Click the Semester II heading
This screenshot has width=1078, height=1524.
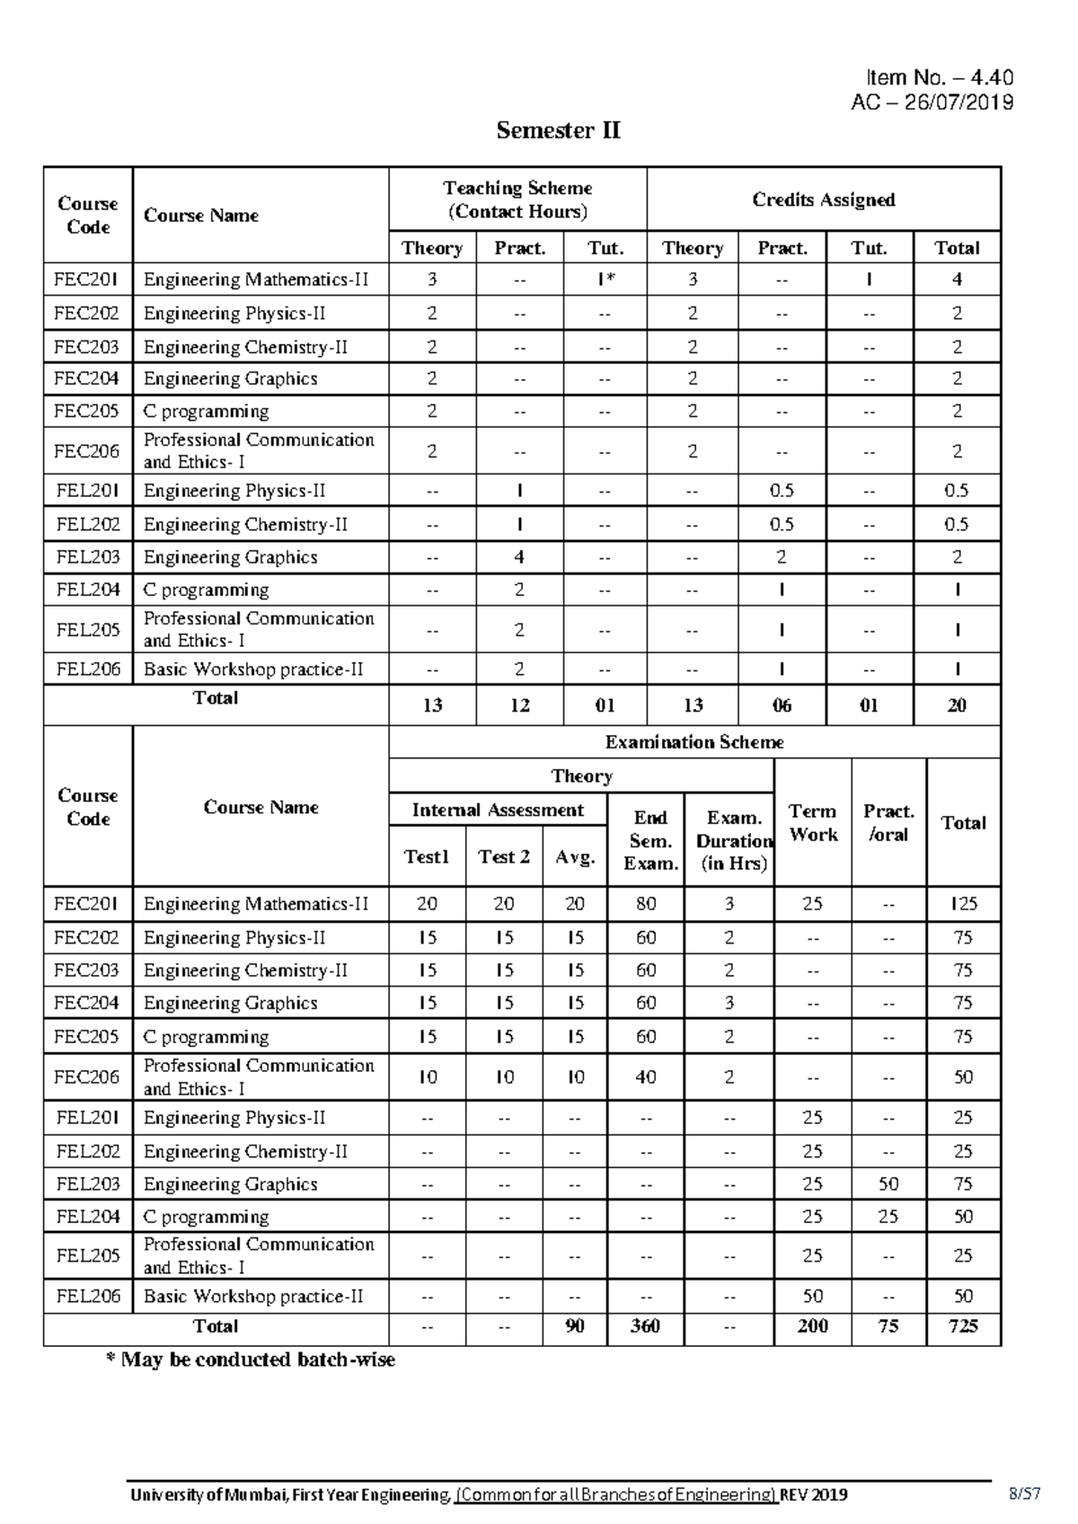[558, 131]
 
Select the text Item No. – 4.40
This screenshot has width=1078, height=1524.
[939, 79]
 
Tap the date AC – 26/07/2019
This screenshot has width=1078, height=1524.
[932, 102]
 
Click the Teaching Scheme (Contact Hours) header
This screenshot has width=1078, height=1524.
[517, 199]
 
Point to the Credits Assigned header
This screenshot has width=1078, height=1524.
[823, 199]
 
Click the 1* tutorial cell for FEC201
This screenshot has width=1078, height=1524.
[605, 279]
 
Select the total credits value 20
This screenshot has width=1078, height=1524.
[957, 705]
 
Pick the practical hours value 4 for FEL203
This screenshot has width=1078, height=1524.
[519, 557]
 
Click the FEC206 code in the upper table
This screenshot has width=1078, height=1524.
[87, 451]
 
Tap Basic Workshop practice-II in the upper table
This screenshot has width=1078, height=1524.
[253, 669]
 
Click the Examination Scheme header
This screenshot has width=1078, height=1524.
[694, 742]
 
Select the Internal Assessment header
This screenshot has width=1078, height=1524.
[498, 811]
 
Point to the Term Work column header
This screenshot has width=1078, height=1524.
[812, 822]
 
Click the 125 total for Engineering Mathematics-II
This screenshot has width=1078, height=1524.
[963, 904]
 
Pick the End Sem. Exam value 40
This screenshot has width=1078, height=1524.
[646, 1077]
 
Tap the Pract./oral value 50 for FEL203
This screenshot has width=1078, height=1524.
[888, 1184]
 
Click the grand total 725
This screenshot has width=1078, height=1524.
[963, 1326]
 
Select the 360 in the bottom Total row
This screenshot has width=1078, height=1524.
[645, 1326]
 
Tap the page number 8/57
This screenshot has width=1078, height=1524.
[1024, 1494]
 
